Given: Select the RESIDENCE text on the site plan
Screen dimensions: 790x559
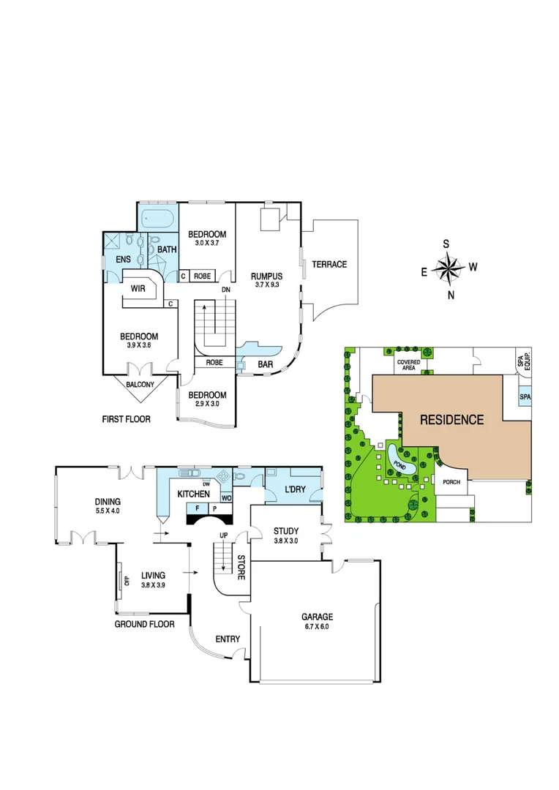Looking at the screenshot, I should pos(451,420).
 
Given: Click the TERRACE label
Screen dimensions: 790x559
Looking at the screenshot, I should pos(329,264).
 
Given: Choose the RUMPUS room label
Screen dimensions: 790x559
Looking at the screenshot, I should pos(266,276).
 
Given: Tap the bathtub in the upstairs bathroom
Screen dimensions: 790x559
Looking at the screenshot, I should pos(157,218).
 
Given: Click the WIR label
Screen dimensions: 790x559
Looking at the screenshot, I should pos(138,289).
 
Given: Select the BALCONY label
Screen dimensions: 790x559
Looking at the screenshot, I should pos(140,384).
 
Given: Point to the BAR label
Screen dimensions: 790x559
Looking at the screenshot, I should pos(266,364).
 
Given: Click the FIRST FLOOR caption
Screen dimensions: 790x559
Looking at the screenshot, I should pos(127,420).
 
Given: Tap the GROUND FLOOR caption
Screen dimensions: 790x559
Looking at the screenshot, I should pos(144,624).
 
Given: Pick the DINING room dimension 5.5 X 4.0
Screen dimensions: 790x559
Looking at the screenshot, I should pos(108,511).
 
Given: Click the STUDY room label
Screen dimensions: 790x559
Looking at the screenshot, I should pos(286,531).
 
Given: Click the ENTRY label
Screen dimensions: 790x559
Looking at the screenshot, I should pos(228,639).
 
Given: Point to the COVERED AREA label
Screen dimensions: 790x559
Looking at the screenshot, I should pos(408,365).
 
